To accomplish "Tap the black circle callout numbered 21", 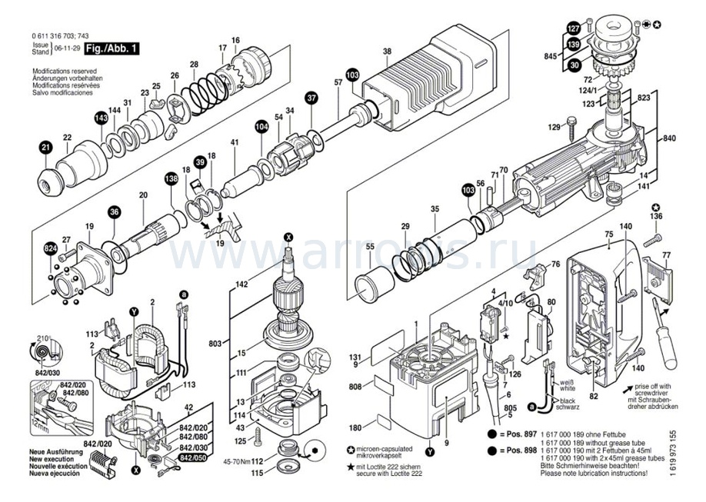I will tap(45, 148).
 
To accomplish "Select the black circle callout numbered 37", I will tap(311, 98).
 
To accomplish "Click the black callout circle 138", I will tap(170, 178).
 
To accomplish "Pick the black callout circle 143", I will tap(101, 118).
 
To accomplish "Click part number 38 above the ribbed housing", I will tap(387, 52).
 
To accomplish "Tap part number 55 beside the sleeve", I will tap(369, 247).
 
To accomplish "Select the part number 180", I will tap(355, 427).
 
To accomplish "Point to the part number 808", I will tap(356, 387).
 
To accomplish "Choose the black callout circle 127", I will tap(574, 28).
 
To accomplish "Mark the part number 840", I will tap(670, 138).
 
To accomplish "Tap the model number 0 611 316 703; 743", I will tap(59, 37).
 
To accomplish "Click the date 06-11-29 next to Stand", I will tap(66, 48).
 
